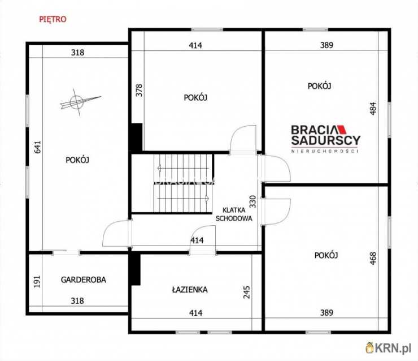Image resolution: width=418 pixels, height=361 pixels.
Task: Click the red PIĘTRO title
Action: coord(53,19)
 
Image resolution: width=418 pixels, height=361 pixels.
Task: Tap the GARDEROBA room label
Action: coord(84,280)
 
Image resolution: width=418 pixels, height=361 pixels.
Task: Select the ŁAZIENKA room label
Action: coord(190,290)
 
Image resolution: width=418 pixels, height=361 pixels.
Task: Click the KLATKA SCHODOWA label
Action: coord(234,214)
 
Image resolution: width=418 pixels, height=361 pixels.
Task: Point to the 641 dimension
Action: coord(38,147)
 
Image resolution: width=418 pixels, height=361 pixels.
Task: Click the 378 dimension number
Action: coord(139,91)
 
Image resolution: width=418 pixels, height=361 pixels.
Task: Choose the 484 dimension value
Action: coord(373,109)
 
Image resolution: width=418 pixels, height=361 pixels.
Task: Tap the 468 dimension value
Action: coord(373,258)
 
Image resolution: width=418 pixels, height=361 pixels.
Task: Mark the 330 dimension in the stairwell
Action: coord(252,201)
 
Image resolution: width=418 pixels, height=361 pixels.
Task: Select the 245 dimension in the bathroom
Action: coord(247,292)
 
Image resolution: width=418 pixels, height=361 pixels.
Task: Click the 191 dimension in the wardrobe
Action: coord(37,281)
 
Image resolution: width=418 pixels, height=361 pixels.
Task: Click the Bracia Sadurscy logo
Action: coord(325,139)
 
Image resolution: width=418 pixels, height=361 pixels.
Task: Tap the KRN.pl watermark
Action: coord(388,347)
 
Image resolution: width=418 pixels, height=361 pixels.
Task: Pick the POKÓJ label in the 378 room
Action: coord(195,97)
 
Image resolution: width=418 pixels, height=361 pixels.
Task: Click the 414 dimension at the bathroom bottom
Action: coord(195,313)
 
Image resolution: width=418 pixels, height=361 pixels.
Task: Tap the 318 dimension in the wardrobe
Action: coord(77,301)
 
